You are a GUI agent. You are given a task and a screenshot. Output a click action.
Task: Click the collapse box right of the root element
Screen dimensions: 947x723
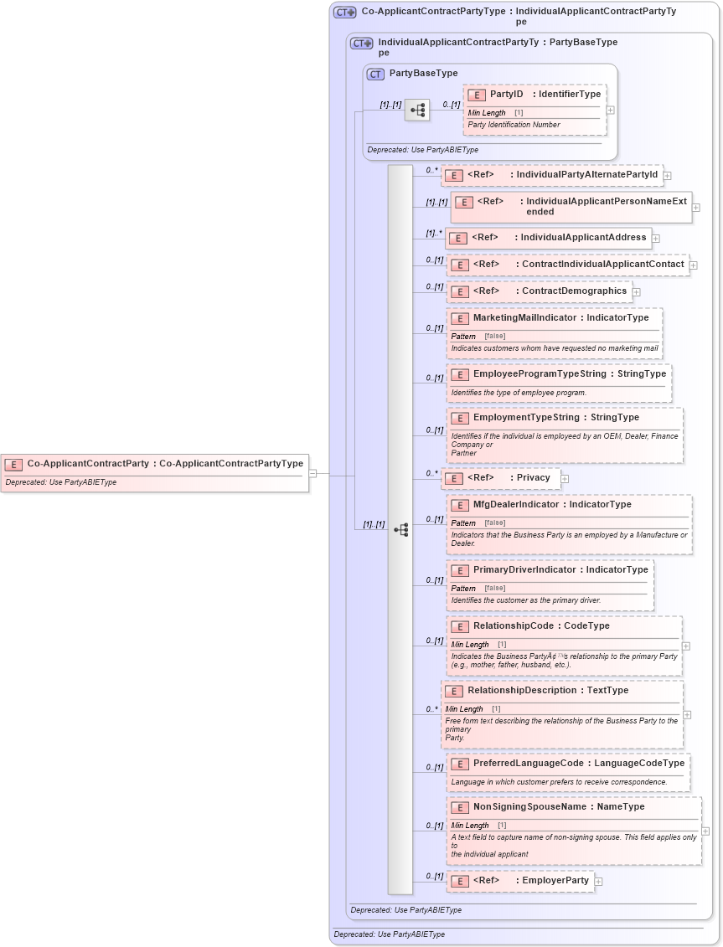click(x=312, y=473)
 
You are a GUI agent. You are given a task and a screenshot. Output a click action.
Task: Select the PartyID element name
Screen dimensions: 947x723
click(x=506, y=95)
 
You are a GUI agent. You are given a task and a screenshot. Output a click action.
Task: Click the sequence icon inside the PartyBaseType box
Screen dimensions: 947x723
click(x=417, y=110)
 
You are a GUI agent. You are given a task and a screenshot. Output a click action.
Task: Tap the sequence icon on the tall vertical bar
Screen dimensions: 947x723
click(x=400, y=529)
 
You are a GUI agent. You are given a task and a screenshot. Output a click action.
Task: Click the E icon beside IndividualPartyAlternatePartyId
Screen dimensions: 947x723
click(x=453, y=176)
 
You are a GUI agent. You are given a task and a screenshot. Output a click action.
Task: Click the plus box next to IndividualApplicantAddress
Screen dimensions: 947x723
click(x=655, y=239)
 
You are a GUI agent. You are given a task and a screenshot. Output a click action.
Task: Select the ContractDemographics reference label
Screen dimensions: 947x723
click(x=574, y=291)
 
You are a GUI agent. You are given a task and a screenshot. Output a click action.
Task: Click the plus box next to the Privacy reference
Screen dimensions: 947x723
click(x=565, y=479)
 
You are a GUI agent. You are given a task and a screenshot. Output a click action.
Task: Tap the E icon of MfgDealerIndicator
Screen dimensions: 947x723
click(x=459, y=505)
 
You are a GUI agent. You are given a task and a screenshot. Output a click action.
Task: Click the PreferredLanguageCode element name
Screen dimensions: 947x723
click(x=528, y=764)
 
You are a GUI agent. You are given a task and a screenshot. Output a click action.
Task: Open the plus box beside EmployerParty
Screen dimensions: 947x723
click(x=598, y=882)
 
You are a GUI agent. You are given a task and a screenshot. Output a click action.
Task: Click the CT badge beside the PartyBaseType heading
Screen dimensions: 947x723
click(x=376, y=74)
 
